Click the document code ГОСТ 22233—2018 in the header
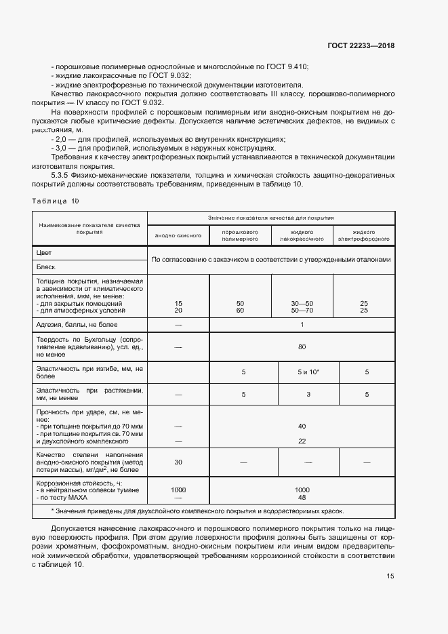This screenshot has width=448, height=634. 361,45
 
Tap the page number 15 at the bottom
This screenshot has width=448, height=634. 390,576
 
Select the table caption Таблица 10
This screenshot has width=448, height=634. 56,201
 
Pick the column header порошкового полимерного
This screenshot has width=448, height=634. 240,235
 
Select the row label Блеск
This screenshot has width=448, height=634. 46,266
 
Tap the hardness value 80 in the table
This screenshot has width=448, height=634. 302,347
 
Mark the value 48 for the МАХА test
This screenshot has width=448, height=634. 302,497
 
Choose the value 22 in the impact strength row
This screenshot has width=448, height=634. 302,441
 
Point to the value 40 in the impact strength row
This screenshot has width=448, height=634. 302,426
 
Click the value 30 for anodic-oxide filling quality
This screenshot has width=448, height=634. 178,462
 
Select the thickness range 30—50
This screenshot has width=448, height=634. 302,303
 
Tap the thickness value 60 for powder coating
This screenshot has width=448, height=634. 240,310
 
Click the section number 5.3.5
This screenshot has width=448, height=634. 62,174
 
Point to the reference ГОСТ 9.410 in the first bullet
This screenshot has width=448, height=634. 287,66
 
